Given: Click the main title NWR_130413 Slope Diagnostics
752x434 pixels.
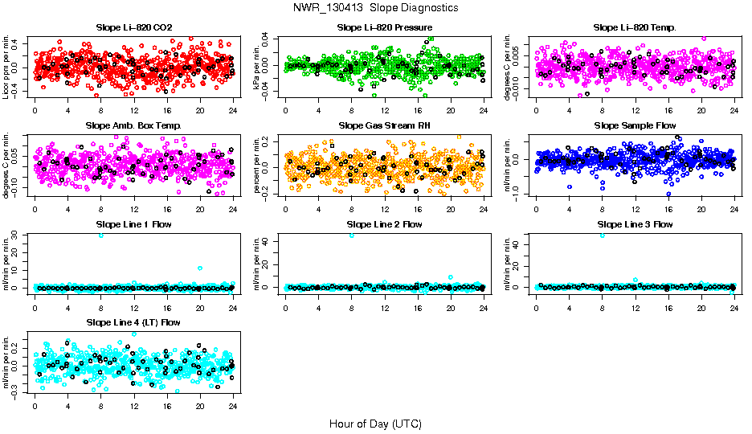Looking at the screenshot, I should pyautogui.click(x=376, y=7).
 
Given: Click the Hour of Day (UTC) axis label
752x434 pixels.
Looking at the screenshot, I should pyautogui.click(x=375, y=423).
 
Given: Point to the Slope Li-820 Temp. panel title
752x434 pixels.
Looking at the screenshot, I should pyautogui.click(x=635, y=27).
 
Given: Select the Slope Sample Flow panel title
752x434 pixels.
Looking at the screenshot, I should pyautogui.click(x=635, y=125).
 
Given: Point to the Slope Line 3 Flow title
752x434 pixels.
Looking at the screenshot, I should pyautogui.click(x=635, y=223).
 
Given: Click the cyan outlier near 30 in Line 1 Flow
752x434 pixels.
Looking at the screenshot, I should pyautogui.click(x=101, y=235).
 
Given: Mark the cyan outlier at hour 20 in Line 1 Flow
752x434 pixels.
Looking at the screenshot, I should pyautogui.click(x=200, y=268).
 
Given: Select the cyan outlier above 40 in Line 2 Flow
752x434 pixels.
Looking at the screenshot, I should pyautogui.click(x=351, y=235).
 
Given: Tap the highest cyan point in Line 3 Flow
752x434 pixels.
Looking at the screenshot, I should pyautogui.click(x=603, y=235).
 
